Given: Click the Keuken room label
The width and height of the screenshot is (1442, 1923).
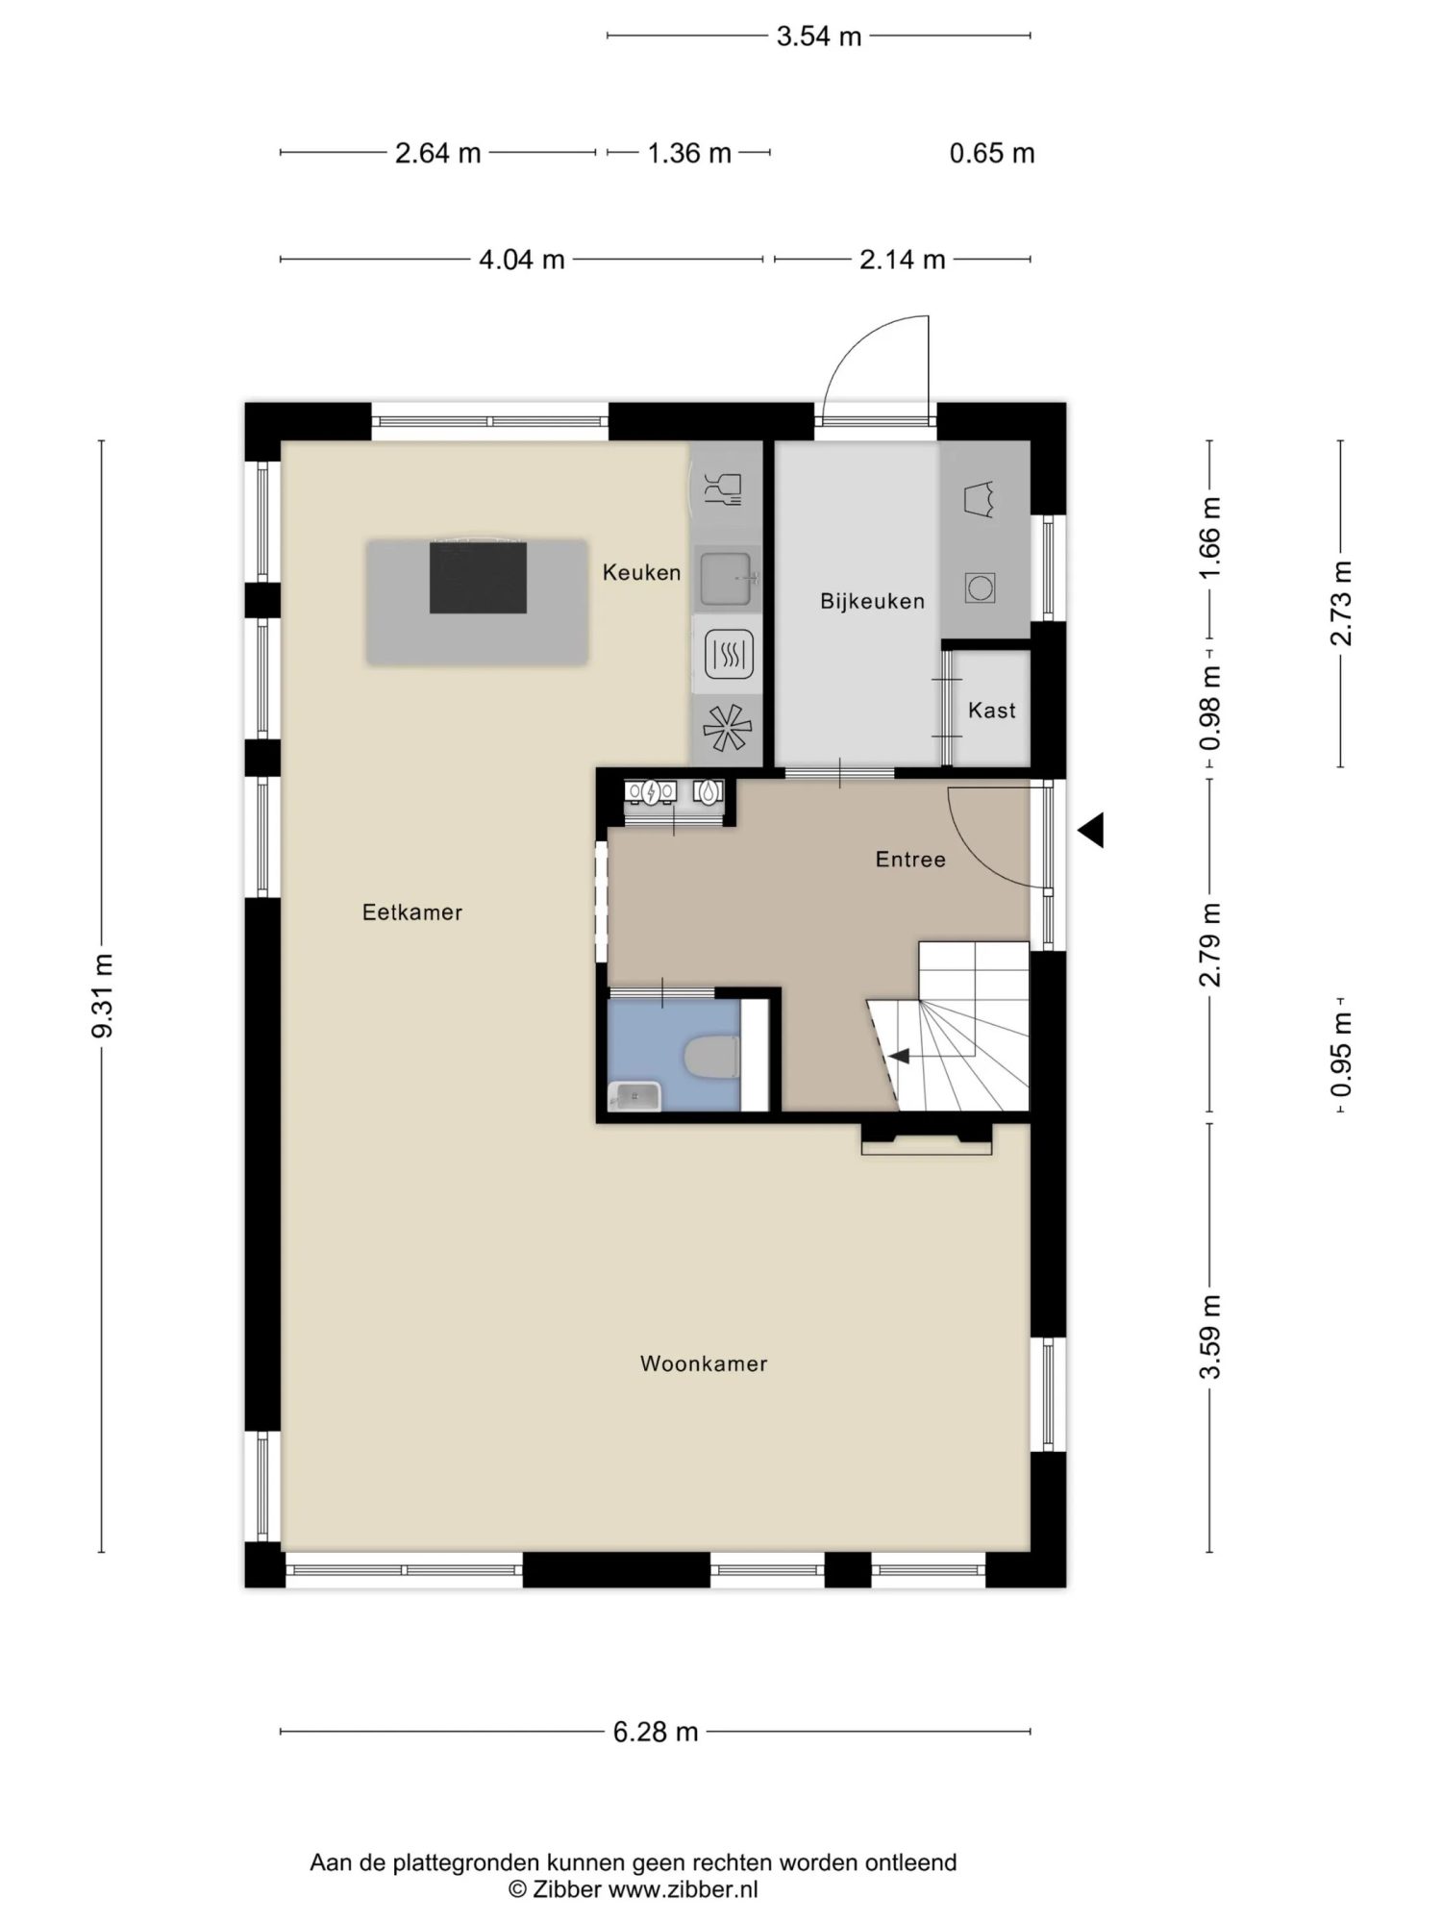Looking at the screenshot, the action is click(641, 573).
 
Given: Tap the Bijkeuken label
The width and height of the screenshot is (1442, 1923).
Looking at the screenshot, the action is click(872, 602).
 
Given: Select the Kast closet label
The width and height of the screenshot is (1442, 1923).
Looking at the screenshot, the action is click(991, 711).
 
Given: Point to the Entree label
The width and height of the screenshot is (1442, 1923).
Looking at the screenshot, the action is click(909, 860).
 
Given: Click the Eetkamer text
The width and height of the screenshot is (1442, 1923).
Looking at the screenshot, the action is click(412, 912).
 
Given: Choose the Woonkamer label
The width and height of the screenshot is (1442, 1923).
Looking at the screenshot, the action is click(704, 1363).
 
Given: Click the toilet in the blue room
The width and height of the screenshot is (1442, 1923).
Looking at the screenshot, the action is click(711, 1058).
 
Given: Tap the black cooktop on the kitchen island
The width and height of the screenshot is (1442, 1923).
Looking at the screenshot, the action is click(478, 577).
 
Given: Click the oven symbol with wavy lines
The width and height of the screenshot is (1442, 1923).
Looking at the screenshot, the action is click(729, 654).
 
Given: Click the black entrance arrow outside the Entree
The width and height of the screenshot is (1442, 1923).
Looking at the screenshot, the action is click(1091, 830).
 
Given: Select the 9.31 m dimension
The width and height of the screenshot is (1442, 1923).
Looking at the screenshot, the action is click(102, 996).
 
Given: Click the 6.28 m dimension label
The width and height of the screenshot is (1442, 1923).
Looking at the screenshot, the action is click(656, 1732).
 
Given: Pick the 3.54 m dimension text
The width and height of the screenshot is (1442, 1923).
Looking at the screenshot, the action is click(819, 37).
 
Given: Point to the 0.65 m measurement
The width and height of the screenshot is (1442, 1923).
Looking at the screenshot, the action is click(992, 153).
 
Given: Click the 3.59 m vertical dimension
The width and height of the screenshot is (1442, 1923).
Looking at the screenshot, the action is click(1209, 1336).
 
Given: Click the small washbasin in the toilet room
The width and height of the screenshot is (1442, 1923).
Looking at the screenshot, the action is click(635, 1096).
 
